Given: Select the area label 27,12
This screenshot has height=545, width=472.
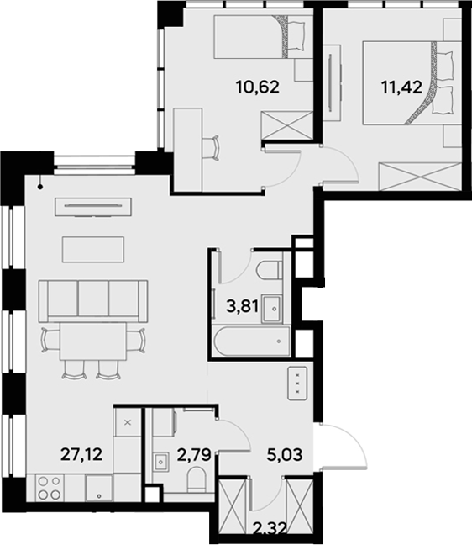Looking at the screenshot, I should tap(81, 454).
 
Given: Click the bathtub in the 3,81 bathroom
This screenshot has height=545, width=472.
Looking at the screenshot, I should tap(249, 341).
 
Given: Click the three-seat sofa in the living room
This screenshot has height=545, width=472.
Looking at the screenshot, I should tap(94, 299).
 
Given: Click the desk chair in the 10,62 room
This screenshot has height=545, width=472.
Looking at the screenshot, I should tap(211, 147).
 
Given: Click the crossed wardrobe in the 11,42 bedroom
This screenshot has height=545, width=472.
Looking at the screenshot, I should tap(418, 177).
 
